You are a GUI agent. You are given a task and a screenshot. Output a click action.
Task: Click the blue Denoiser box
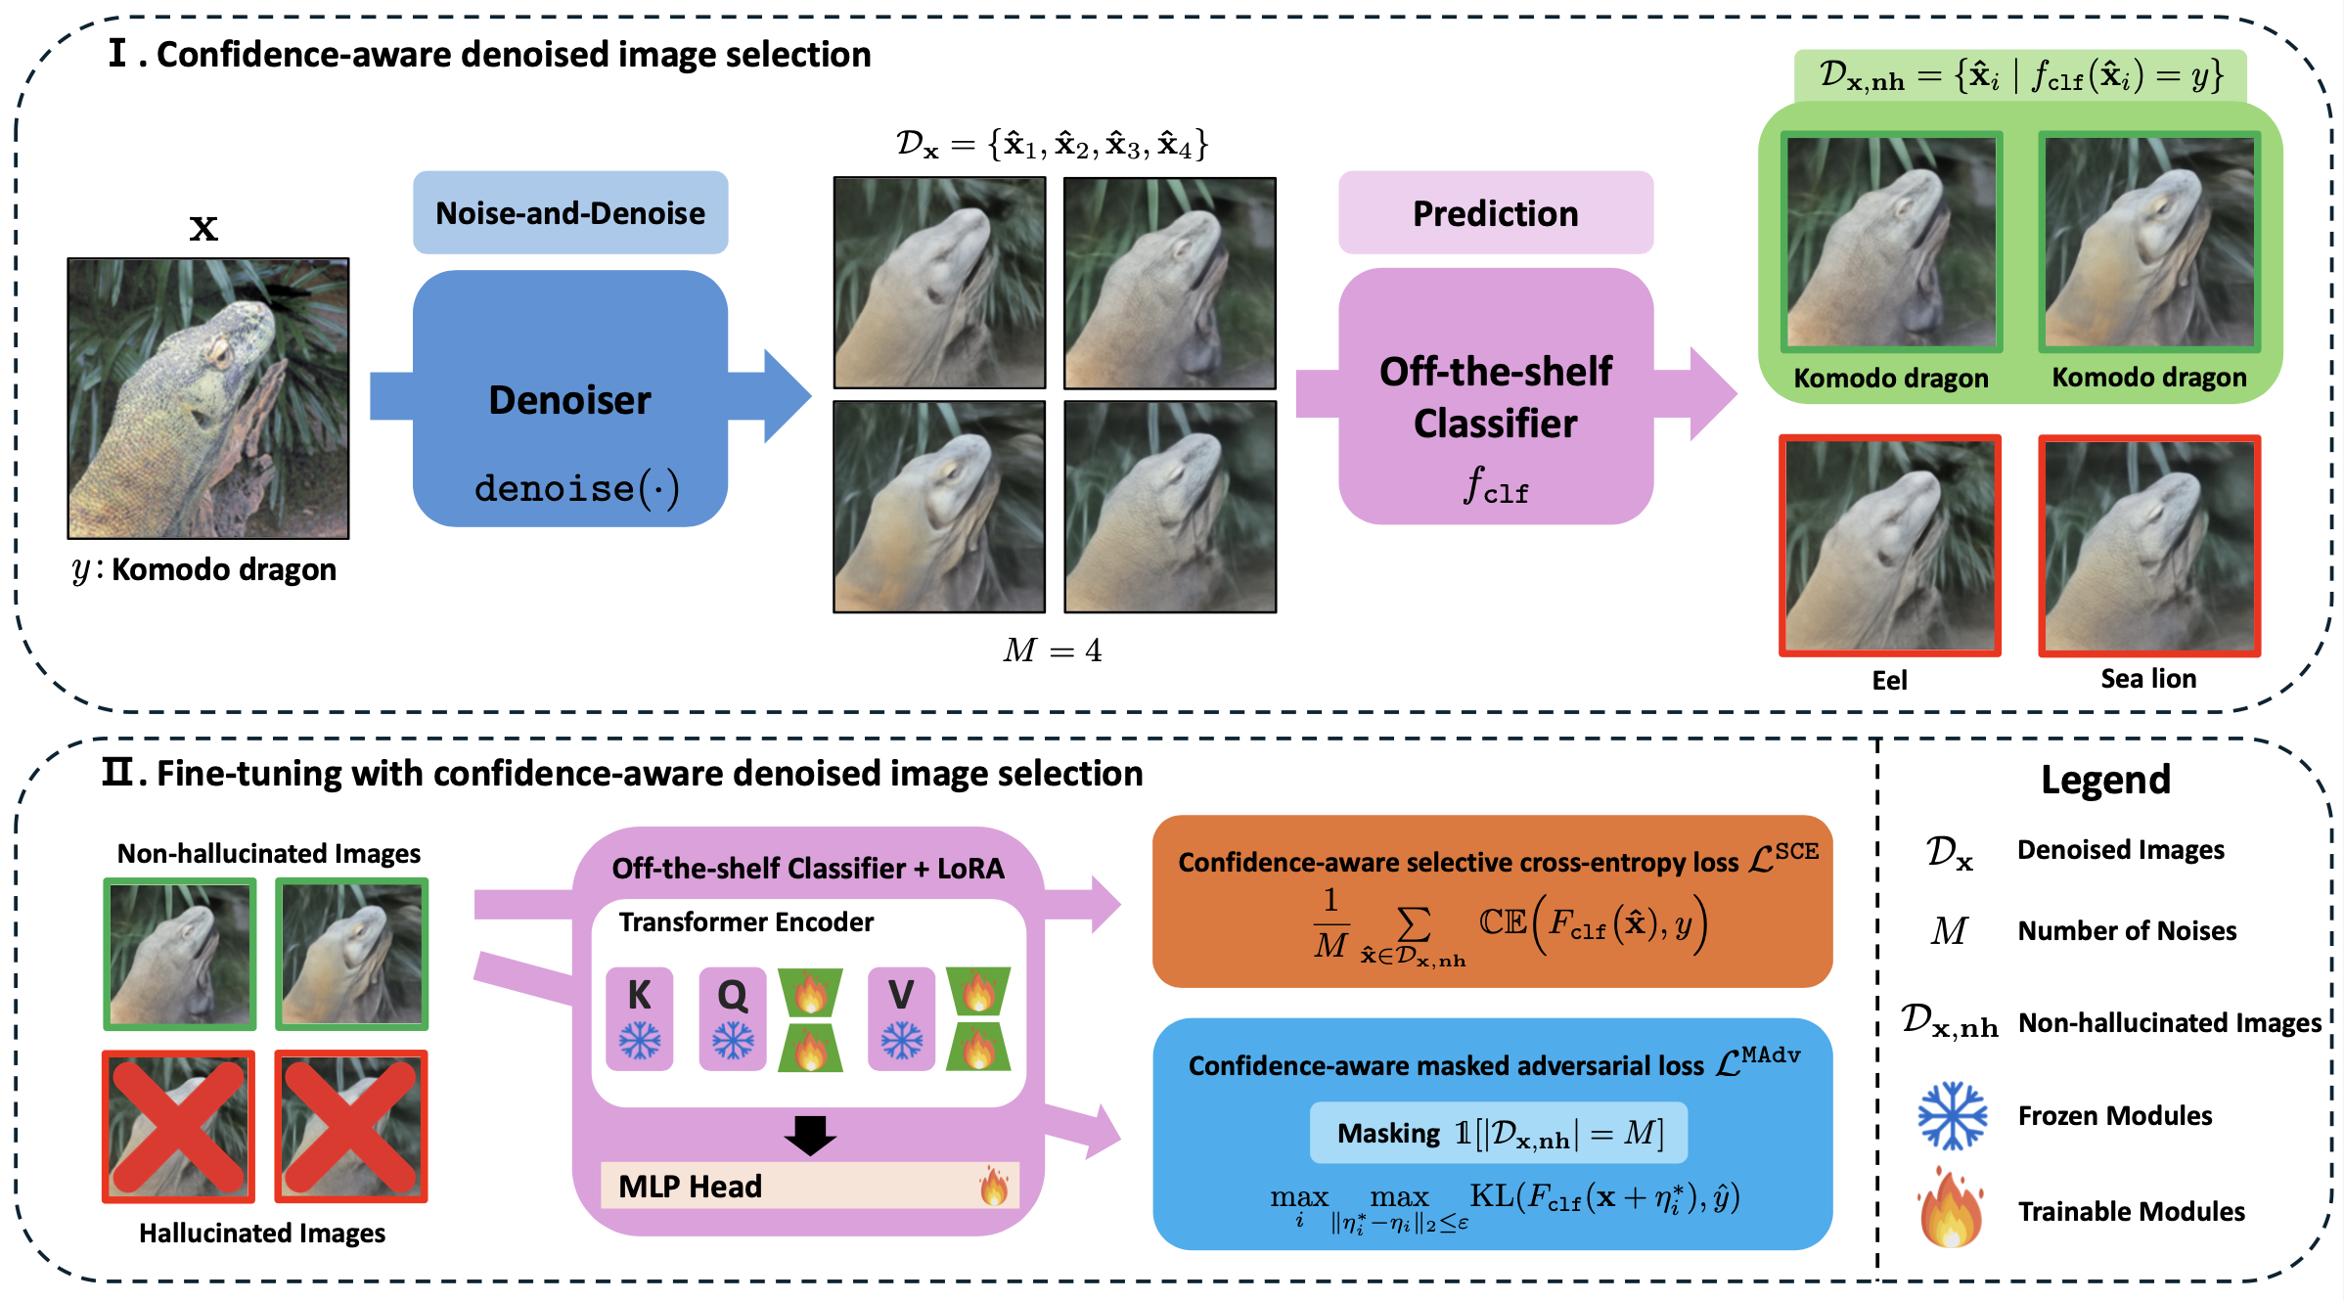coord(570,399)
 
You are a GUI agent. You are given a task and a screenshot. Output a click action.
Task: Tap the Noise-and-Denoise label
coord(570,213)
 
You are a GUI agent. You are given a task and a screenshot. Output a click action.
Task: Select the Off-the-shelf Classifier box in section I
coord(1496,397)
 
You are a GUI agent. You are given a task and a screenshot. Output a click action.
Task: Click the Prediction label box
coord(1496,213)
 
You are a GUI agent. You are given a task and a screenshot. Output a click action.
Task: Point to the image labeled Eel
coord(1890,546)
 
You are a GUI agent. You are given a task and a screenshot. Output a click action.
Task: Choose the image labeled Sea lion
coord(2149,546)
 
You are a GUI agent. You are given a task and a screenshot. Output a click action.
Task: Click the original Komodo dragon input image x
coord(208,398)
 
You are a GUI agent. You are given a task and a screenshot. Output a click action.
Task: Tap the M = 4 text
coord(1053,650)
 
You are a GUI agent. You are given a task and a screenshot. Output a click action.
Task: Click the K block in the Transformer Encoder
coord(640,1018)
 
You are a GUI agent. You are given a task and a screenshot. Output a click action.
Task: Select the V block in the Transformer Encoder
coord(901,1018)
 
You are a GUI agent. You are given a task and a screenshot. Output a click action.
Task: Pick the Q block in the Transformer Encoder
coord(733,1018)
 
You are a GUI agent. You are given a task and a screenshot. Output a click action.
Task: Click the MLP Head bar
coord(809,1186)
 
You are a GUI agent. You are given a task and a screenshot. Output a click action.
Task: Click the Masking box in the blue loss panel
coord(1498,1133)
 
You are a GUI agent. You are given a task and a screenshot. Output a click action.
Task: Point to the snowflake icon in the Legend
coord(1952,1115)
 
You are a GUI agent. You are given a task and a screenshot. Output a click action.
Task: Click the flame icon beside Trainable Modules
coord(1952,1210)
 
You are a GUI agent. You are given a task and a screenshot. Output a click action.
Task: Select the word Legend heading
coord(2105,780)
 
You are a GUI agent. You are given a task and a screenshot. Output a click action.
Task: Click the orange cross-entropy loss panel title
coord(1458,862)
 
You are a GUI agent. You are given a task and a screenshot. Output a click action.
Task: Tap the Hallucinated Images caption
coord(262,1233)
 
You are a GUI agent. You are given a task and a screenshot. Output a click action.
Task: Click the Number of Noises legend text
coord(2127,930)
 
